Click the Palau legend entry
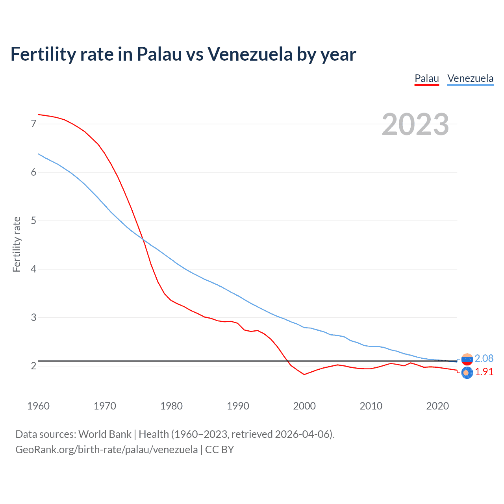click(426, 78)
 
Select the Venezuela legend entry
click(470, 78)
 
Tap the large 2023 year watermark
click(415, 124)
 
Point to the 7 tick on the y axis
click(33, 124)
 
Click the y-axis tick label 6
click(33, 172)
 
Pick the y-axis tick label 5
click(33, 221)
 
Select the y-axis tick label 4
click(33, 269)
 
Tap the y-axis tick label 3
click(33, 317)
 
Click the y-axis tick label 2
click(33, 366)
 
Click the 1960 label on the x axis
click(38, 406)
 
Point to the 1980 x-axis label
click(171, 406)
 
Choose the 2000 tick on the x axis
click(304, 406)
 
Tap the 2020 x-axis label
click(437, 406)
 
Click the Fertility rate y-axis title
click(17, 244)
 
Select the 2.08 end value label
click(484, 358)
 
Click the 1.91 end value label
click(484, 372)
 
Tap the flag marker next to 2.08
click(467, 359)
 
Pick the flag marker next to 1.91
click(467, 372)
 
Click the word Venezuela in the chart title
click(250, 54)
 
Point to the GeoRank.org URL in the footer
click(106, 450)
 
